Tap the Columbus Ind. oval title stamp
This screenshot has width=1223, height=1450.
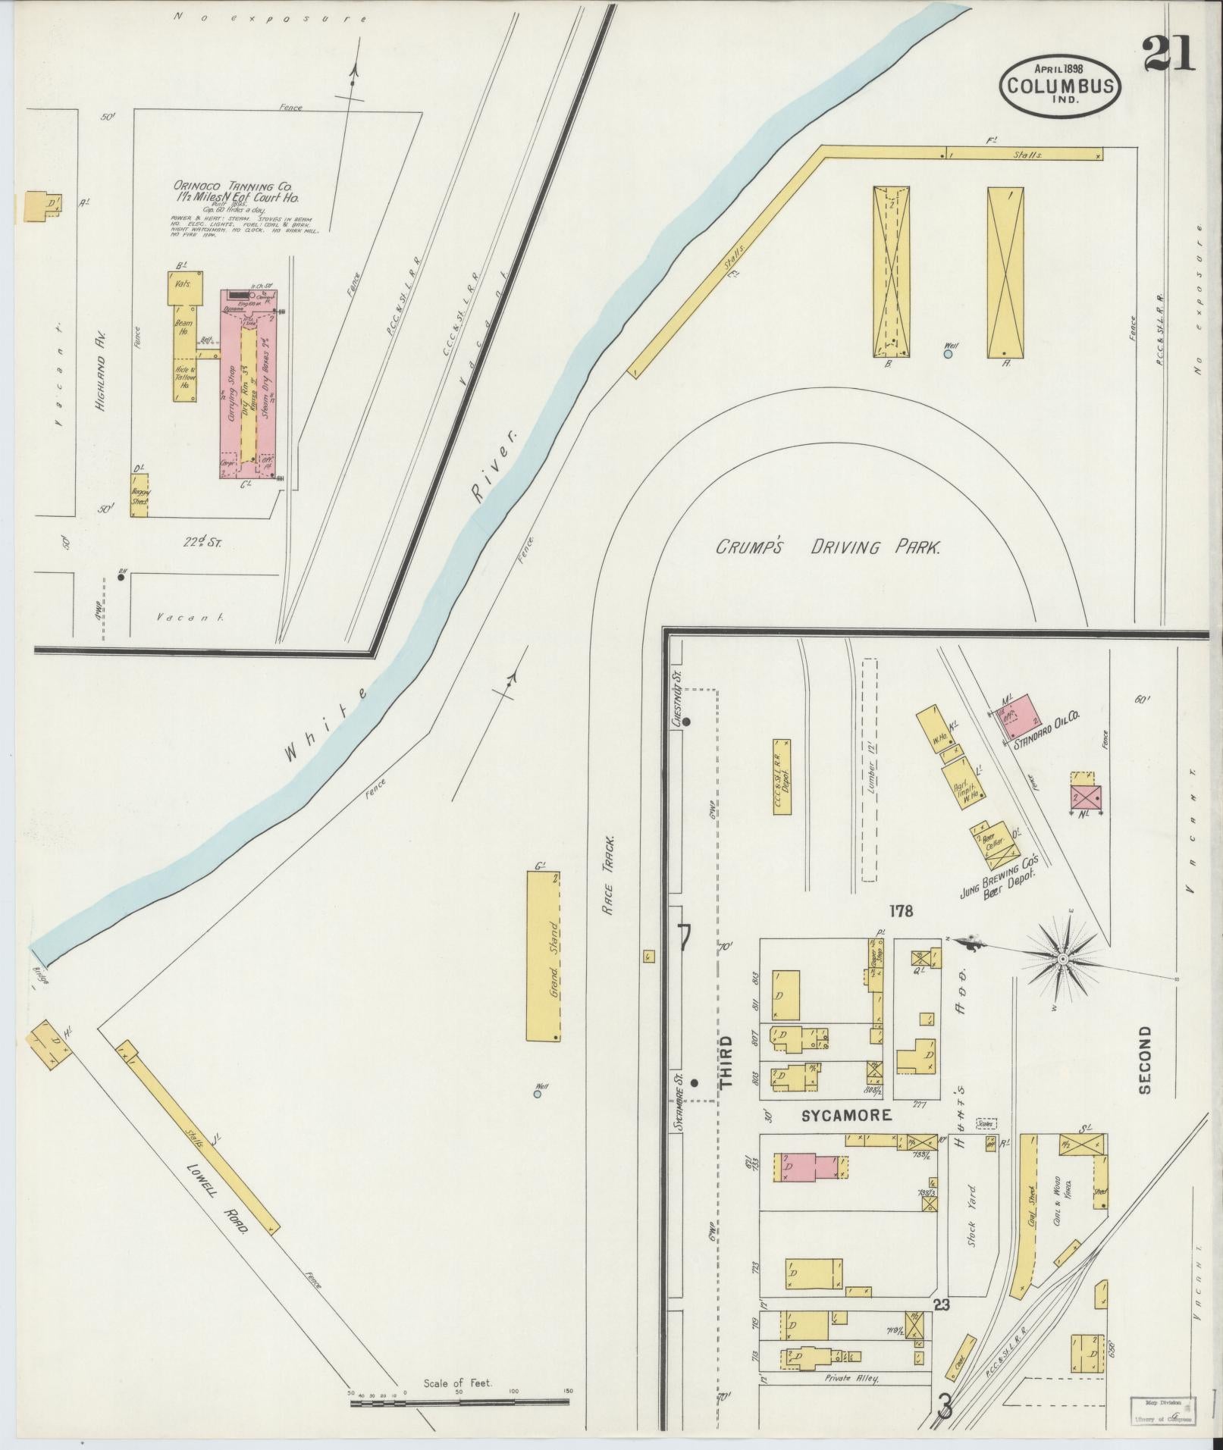click(x=1060, y=85)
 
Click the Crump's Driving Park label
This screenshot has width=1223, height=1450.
click(x=828, y=546)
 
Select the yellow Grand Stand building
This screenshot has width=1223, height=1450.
click(x=544, y=956)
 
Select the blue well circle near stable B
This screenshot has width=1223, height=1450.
click(x=949, y=353)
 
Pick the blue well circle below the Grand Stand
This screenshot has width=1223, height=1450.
click(x=537, y=1094)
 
